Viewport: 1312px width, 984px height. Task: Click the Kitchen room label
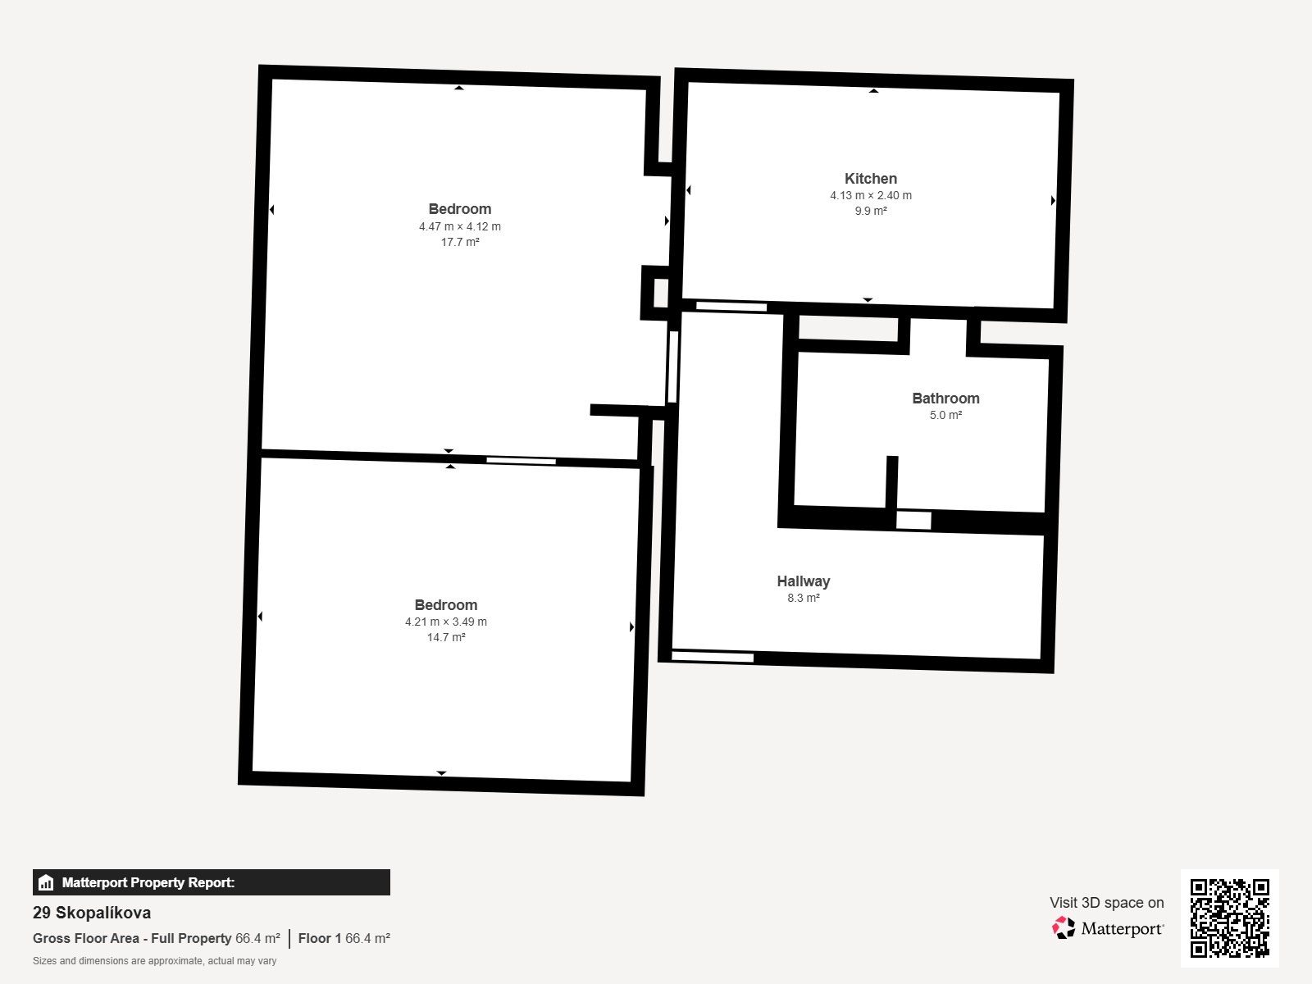click(870, 179)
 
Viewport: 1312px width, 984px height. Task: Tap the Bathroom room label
click(945, 399)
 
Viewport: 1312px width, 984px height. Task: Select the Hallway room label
click(804, 581)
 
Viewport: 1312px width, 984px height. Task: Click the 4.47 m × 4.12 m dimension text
click(460, 226)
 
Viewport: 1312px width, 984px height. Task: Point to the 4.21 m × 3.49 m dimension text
click(446, 622)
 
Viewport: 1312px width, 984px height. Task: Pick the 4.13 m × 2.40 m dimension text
click(871, 195)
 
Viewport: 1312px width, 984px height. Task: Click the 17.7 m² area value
click(460, 242)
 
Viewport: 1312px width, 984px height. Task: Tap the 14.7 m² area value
click(446, 637)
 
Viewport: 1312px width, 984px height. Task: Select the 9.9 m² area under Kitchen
click(871, 211)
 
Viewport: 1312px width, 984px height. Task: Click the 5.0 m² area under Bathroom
click(945, 415)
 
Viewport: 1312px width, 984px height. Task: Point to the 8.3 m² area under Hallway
click(804, 598)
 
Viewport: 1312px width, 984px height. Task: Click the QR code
click(1229, 918)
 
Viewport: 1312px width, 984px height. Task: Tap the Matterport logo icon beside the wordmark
click(1064, 928)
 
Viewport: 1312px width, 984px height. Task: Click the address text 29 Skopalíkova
click(92, 913)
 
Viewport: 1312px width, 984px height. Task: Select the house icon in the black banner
click(46, 882)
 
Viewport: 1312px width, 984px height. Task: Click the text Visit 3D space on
click(1106, 903)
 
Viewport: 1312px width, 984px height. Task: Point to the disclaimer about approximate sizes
click(154, 961)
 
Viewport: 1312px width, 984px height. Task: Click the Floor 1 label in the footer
click(320, 939)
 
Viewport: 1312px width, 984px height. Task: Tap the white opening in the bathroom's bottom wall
click(913, 521)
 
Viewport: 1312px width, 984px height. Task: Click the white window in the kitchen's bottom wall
click(731, 307)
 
